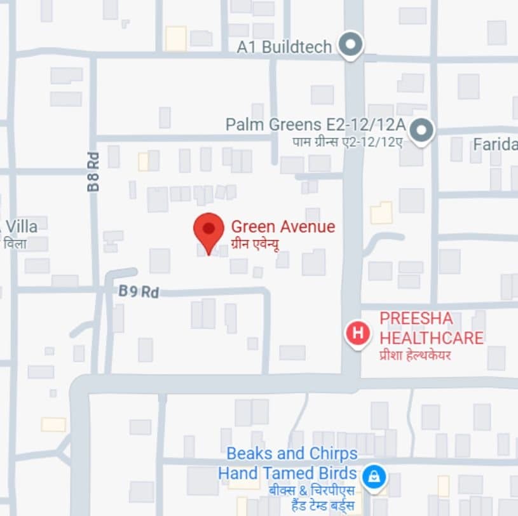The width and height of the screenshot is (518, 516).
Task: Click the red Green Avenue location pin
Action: (x=208, y=230)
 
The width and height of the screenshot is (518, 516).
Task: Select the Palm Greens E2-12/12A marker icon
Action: (x=420, y=131)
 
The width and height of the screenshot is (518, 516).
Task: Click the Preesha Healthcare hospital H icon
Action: (x=358, y=332)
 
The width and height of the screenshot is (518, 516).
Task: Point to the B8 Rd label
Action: (x=93, y=174)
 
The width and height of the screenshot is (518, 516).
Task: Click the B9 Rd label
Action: (x=139, y=292)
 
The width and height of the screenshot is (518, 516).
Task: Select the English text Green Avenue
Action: (x=283, y=226)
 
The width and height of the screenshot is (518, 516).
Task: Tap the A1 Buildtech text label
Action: (x=284, y=47)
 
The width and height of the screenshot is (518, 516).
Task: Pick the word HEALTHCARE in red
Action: (x=432, y=337)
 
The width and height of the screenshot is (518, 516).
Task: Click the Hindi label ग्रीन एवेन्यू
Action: (x=255, y=243)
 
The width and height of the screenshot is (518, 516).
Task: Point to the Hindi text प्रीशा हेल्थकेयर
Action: (x=415, y=355)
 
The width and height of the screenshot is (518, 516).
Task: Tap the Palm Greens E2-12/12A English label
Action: (x=315, y=125)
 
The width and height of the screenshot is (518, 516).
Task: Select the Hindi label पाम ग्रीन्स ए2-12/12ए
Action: (x=347, y=142)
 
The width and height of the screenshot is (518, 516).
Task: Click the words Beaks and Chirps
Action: (x=292, y=454)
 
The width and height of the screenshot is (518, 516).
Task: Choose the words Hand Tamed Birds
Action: (x=287, y=473)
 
